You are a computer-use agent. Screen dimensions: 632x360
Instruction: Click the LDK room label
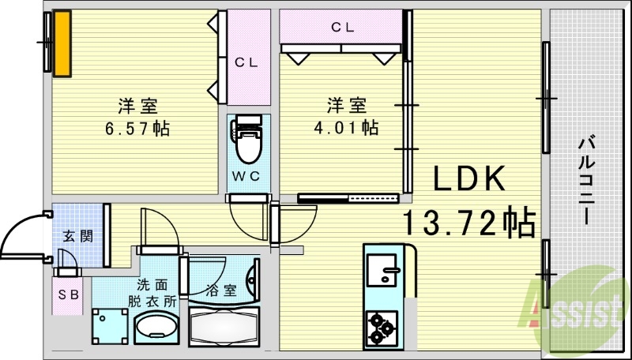[x=468, y=178]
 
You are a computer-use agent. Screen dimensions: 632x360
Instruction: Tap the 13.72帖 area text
[x=468, y=222]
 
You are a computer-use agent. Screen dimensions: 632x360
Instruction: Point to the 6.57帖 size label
[x=137, y=129]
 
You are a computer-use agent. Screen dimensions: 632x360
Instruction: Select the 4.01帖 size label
[x=346, y=127]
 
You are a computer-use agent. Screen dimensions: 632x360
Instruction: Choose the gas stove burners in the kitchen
[x=382, y=328]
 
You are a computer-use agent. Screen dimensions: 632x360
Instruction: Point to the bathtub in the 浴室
[x=224, y=326]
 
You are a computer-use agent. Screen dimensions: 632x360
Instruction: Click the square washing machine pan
[x=110, y=326]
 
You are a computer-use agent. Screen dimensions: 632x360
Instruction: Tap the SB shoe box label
[x=68, y=295]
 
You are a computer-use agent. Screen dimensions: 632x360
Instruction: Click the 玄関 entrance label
[x=77, y=236]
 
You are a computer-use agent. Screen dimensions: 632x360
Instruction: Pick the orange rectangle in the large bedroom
[x=62, y=43]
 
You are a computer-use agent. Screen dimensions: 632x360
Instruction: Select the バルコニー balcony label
[x=586, y=181]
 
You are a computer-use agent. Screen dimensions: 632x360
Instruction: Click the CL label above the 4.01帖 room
[x=343, y=27]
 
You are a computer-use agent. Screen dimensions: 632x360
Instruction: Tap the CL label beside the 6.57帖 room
[x=246, y=62]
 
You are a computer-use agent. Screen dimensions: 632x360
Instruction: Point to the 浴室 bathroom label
[x=221, y=291]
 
